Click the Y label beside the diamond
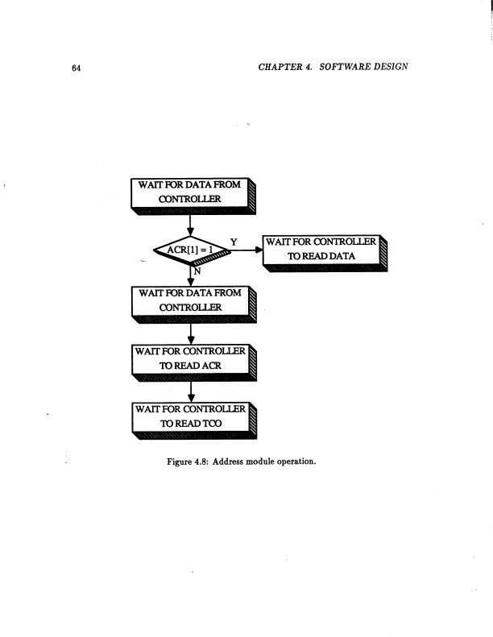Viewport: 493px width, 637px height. coord(234,240)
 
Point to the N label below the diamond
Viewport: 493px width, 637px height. coord(196,271)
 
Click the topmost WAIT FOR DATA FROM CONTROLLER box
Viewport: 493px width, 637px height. coord(189,192)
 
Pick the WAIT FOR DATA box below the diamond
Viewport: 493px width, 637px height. coord(189,300)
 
